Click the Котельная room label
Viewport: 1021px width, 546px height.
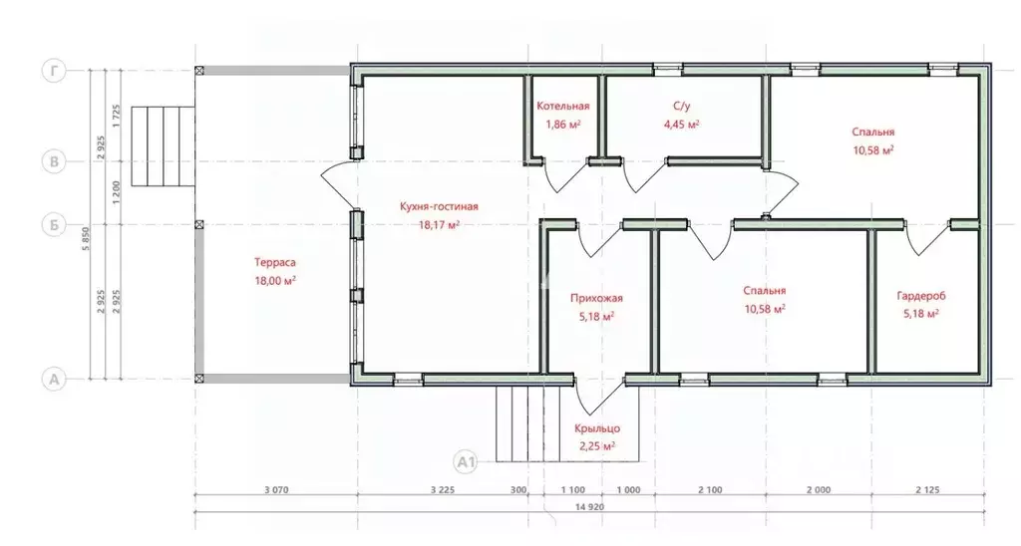562,106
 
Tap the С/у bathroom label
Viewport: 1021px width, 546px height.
682,106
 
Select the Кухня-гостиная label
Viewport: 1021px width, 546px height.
439,207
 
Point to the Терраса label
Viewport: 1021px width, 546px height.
275,263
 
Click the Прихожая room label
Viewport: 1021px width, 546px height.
596,299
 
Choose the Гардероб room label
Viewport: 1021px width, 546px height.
921,296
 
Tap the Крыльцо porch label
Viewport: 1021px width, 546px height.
597,428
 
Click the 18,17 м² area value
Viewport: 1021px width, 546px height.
439,225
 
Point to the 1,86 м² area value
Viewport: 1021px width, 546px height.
562,125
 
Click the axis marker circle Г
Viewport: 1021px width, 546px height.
54,71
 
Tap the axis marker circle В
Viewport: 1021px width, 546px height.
54,161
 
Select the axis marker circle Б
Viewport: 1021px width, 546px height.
54,224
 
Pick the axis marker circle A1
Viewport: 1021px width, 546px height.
465,462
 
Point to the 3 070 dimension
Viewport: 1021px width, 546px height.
276,490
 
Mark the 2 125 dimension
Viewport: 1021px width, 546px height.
927,490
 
